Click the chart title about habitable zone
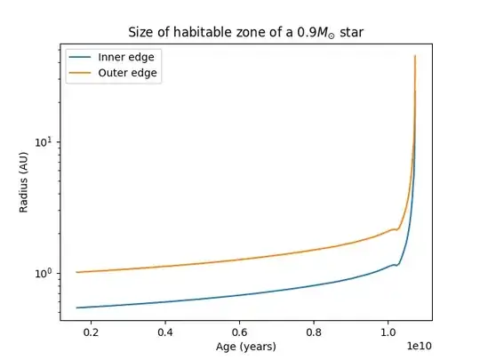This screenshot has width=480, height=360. [x=246, y=33]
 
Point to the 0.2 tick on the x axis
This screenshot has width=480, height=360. [x=91, y=332]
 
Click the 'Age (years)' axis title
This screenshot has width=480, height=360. [x=246, y=346]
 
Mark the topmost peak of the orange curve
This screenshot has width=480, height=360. [x=415, y=56]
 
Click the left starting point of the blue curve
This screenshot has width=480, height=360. [x=77, y=308]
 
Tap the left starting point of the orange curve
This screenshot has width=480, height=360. [x=77, y=272]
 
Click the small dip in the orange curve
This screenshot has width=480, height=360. [x=397, y=229]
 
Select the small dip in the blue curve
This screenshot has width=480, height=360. [x=397, y=265]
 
